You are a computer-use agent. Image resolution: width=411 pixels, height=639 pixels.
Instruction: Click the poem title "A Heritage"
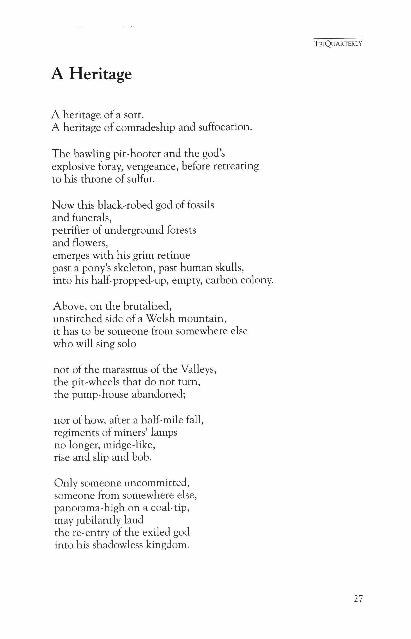point(91,74)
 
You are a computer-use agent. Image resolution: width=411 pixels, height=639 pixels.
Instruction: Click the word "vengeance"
point(152,167)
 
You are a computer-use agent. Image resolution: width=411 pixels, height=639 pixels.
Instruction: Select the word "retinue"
point(173,256)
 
